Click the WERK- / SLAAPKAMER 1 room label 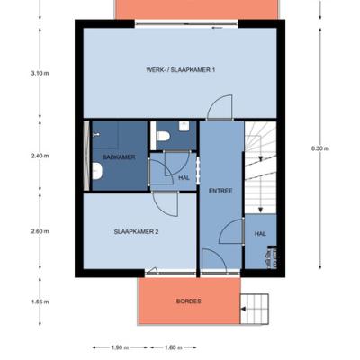click(x=181, y=70)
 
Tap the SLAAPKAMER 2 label click(x=137, y=231)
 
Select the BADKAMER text click(x=119, y=157)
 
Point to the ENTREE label click(x=220, y=191)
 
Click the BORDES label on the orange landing click(x=189, y=301)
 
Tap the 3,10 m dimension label click(x=40, y=73)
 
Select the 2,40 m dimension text click(x=40, y=156)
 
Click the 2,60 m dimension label click(x=40, y=231)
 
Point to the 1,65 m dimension click(x=40, y=301)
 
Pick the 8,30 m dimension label click(x=320, y=148)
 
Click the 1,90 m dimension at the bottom click(x=120, y=347)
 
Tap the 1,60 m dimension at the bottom click(x=174, y=347)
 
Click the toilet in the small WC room click(x=163, y=137)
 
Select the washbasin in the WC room click(x=184, y=126)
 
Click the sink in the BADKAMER click(x=97, y=171)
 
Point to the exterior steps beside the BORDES click(x=255, y=309)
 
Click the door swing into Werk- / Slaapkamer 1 click(x=220, y=107)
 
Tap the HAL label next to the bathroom click(x=184, y=177)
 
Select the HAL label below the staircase click(x=260, y=234)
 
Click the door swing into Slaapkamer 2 click(x=166, y=204)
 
